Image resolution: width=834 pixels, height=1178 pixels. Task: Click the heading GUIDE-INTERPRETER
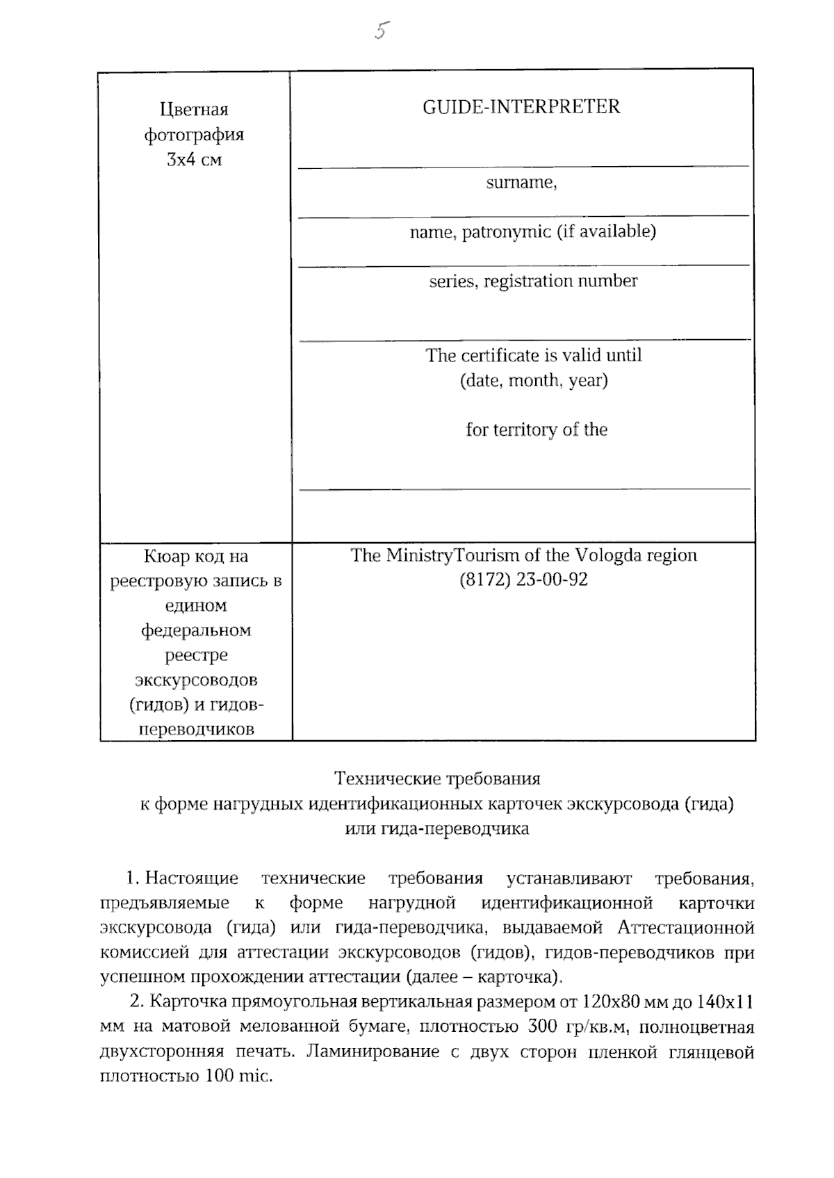coord(521,107)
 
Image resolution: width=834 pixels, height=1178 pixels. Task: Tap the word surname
coord(520,183)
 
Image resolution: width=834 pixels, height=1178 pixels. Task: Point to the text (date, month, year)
coord(533,381)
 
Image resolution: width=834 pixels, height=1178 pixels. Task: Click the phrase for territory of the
coord(536,430)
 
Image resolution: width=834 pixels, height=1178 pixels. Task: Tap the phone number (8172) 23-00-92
coord(523,580)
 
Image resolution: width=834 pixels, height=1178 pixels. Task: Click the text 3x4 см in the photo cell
coord(194,160)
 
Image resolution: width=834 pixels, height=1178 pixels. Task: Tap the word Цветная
coord(194,110)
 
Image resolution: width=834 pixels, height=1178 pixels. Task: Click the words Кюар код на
coord(195,557)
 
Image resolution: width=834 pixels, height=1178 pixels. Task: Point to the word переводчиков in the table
coord(197,730)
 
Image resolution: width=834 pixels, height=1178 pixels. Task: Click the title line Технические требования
coord(437,778)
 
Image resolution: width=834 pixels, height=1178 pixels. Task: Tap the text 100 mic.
coord(238,1077)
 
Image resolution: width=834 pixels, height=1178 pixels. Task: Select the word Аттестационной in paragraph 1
coord(685,928)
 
